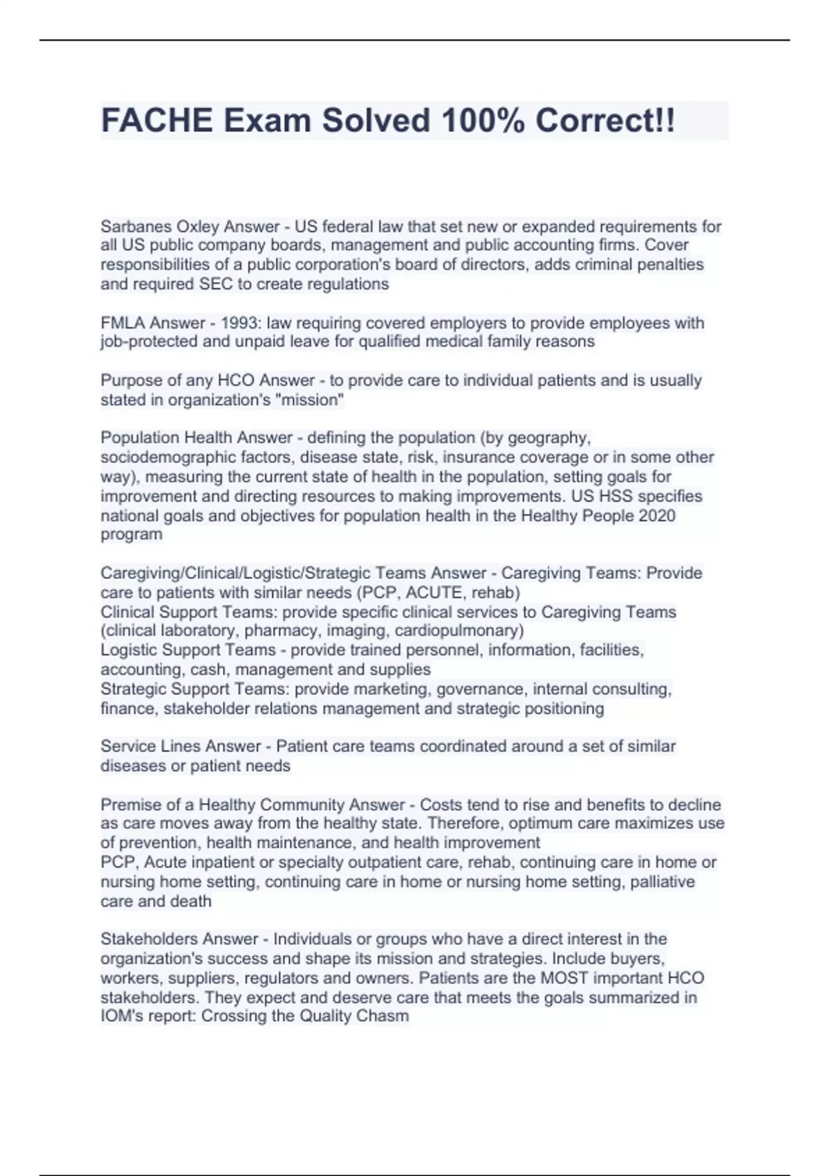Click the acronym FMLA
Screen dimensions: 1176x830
(x=122, y=323)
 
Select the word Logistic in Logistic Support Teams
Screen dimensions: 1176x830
(x=129, y=650)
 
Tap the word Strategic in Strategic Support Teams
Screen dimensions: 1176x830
(x=133, y=689)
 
